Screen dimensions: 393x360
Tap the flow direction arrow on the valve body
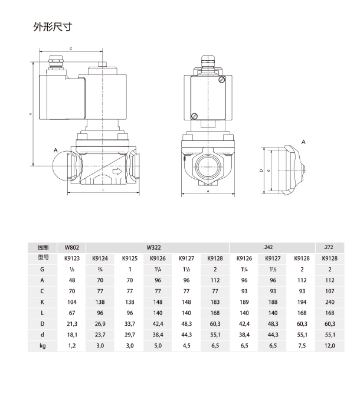117,172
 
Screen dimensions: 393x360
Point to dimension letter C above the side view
71,49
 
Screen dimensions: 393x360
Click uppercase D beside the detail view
261,170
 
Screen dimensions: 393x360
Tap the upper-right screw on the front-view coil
221,80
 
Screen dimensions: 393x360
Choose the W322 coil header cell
158,247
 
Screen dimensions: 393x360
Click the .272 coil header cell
329,247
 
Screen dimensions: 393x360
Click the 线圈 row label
42,247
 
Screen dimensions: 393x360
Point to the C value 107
329,292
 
